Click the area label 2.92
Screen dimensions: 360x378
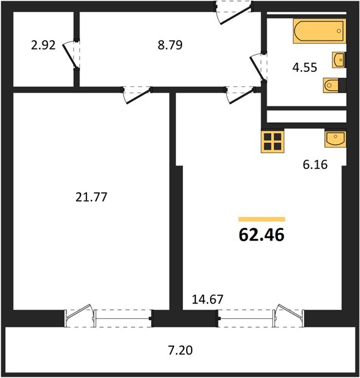(x=44, y=45)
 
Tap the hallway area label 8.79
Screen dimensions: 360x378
(x=170, y=45)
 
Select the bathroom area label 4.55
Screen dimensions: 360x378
(x=305, y=67)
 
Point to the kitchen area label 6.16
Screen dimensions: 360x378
(x=315, y=164)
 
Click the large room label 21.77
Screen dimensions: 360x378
(x=91, y=197)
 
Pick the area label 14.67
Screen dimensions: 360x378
(x=207, y=299)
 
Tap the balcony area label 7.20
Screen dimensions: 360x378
(x=180, y=350)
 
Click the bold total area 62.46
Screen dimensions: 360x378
(x=262, y=235)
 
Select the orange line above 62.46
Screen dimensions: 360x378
(x=262, y=219)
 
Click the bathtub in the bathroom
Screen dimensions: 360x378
(x=320, y=31)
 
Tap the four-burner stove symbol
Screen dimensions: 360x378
(x=272, y=141)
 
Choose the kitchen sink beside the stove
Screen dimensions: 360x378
(x=335, y=139)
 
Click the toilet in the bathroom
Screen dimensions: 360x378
(x=334, y=85)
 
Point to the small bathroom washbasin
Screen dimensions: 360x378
(x=339, y=60)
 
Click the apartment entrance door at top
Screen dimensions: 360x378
(x=233, y=13)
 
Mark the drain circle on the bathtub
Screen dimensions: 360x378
(x=339, y=31)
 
